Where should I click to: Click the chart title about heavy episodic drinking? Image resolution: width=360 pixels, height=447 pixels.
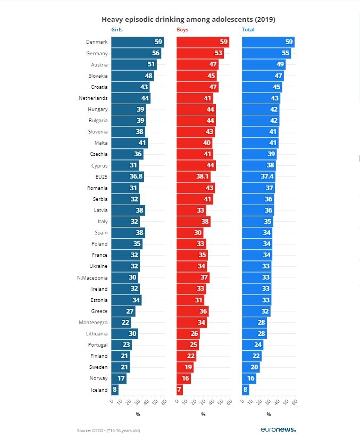188,19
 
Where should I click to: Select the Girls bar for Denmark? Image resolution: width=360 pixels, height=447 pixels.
137,42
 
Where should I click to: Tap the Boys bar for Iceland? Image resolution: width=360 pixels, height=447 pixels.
180,390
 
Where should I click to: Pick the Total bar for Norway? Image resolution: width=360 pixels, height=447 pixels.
249,378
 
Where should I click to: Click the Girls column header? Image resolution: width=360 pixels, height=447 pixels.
116,30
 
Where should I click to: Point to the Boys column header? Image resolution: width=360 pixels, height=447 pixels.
182,30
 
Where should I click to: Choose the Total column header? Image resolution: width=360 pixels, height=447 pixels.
248,30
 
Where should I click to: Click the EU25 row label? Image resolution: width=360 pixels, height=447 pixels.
101,176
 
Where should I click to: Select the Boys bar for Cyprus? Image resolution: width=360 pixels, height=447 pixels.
196,165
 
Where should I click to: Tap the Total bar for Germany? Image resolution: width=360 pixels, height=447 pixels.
266,53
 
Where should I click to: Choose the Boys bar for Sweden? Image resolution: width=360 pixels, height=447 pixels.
185,367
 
